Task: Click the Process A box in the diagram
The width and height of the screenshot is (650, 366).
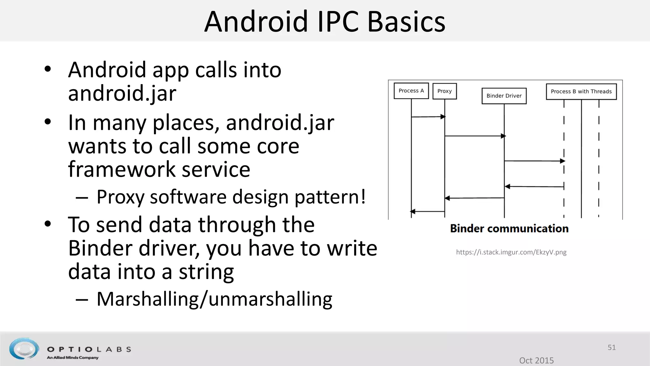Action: (411, 91)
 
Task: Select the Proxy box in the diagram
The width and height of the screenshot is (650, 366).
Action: (444, 91)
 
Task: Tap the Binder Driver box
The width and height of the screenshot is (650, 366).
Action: (504, 96)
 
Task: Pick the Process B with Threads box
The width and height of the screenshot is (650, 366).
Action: (581, 91)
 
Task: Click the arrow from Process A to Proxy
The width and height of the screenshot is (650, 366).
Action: (428, 117)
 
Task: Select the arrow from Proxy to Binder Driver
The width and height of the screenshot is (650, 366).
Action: (474, 136)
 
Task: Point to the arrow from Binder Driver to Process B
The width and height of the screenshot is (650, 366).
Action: (534, 161)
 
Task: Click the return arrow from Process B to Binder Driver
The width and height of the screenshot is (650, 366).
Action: (534, 186)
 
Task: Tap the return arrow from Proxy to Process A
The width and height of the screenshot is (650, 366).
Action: (428, 211)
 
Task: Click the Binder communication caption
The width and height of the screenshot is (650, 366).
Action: (509, 229)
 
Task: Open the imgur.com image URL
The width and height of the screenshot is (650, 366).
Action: (511, 252)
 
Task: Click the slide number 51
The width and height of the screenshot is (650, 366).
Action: (612, 348)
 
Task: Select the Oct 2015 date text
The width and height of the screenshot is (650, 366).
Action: (536, 360)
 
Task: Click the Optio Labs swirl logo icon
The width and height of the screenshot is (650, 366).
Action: (24, 349)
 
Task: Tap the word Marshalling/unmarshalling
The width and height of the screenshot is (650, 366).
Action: (214, 299)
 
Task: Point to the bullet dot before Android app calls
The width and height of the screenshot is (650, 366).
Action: (48, 69)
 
